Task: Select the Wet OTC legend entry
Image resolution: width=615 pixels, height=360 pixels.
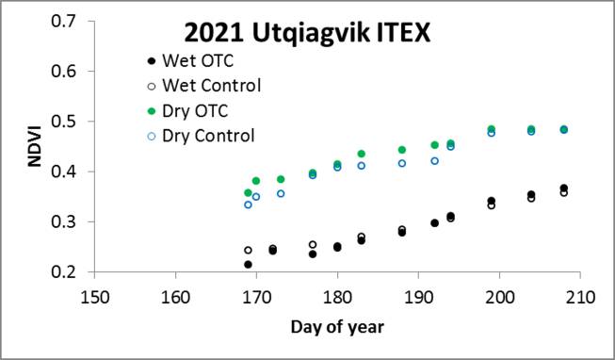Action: pos(196,62)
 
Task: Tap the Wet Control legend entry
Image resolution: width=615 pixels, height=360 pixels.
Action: pos(208,87)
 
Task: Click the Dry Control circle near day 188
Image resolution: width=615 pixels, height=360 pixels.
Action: pos(402,163)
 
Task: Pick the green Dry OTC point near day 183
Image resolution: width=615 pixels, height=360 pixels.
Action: pos(362,154)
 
